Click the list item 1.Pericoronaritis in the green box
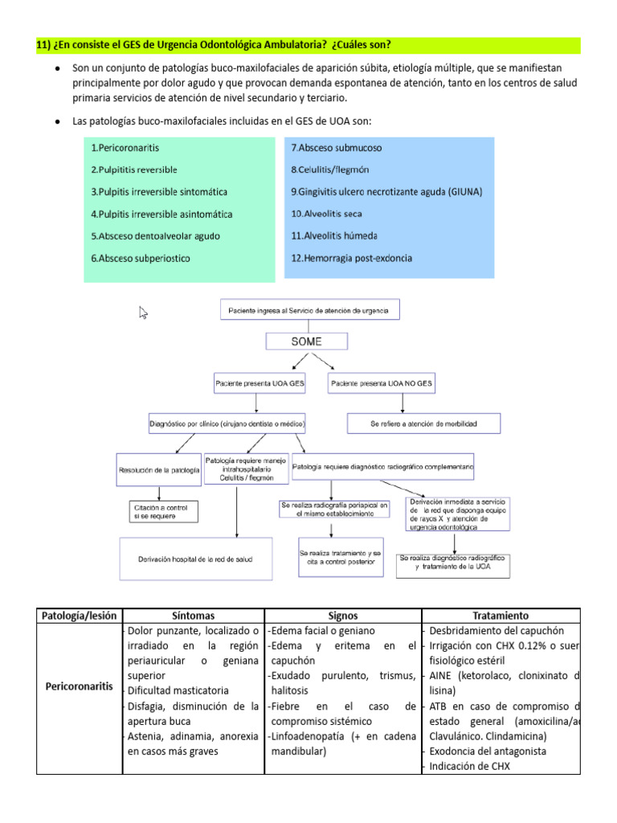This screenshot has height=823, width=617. coord(128,148)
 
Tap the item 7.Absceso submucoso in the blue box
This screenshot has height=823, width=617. coord(336,148)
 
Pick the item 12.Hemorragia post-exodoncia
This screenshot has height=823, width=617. coord(351,258)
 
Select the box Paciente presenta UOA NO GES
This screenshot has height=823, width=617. coord(381,384)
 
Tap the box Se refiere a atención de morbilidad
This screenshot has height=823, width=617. coord(423,423)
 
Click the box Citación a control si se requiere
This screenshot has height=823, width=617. coord(163,511)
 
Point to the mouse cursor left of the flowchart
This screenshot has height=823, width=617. coord(144,313)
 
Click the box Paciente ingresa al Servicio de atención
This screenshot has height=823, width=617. coord(310,309)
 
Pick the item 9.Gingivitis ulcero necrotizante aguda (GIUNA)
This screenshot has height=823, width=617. coord(386,192)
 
